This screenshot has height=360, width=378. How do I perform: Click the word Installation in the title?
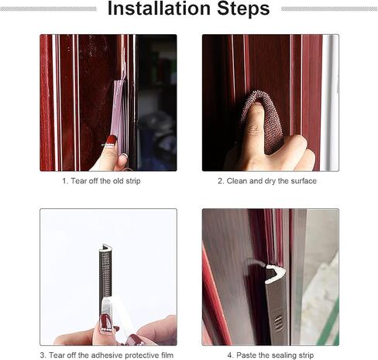click(160, 9)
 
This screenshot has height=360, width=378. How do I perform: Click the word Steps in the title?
click(243, 9)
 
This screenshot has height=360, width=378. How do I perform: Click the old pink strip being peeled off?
click(118, 111)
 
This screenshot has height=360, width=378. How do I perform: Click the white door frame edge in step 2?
click(329, 103)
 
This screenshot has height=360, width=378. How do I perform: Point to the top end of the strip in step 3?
click(105, 246)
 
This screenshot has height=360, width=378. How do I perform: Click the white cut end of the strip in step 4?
click(275, 273)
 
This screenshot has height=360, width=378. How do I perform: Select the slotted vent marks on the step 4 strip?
click(278, 324)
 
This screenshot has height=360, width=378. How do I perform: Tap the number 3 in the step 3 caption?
click(42, 355)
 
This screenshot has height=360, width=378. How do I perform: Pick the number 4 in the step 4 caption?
click(230, 355)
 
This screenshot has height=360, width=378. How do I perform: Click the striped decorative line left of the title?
click(48, 9)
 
